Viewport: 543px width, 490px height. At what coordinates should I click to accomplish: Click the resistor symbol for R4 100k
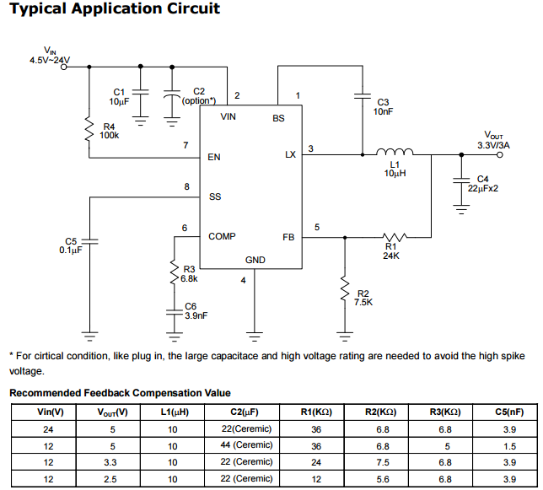click(88, 129)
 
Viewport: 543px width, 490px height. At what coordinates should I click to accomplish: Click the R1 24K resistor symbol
click(394, 237)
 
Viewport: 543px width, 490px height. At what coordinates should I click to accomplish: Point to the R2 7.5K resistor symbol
click(344, 289)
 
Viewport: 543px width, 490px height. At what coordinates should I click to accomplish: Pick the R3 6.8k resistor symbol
click(173, 272)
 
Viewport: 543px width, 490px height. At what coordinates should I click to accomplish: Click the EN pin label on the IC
click(214, 157)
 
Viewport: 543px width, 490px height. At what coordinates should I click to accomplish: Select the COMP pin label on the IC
click(222, 237)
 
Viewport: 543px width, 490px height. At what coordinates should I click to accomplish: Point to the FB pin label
click(288, 237)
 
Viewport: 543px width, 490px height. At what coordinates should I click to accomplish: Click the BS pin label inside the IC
click(278, 118)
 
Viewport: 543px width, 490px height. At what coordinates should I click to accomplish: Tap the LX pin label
click(290, 154)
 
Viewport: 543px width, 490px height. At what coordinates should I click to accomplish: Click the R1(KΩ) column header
click(316, 412)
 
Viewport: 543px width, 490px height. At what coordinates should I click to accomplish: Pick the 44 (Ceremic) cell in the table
click(242, 445)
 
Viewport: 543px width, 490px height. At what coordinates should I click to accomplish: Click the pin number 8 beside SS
click(186, 186)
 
